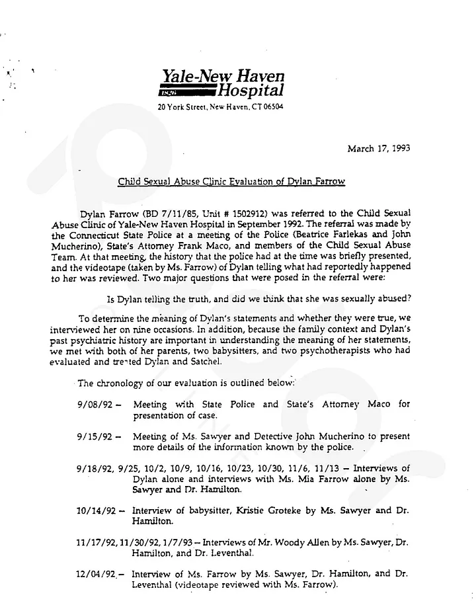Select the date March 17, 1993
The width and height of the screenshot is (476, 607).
378,148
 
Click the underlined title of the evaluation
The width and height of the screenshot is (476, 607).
231,181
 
